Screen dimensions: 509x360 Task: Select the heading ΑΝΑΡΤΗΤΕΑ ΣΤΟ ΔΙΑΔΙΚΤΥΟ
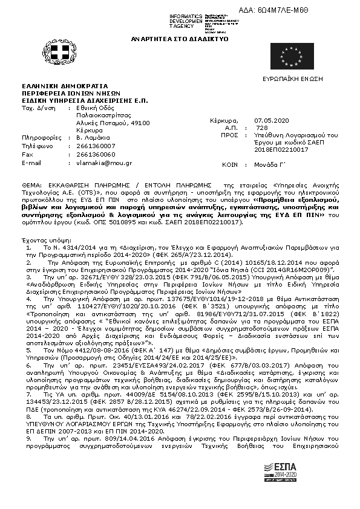click(x=178, y=38)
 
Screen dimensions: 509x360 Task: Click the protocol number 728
click(x=261, y=128)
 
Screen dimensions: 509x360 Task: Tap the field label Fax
click(x=27, y=154)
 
